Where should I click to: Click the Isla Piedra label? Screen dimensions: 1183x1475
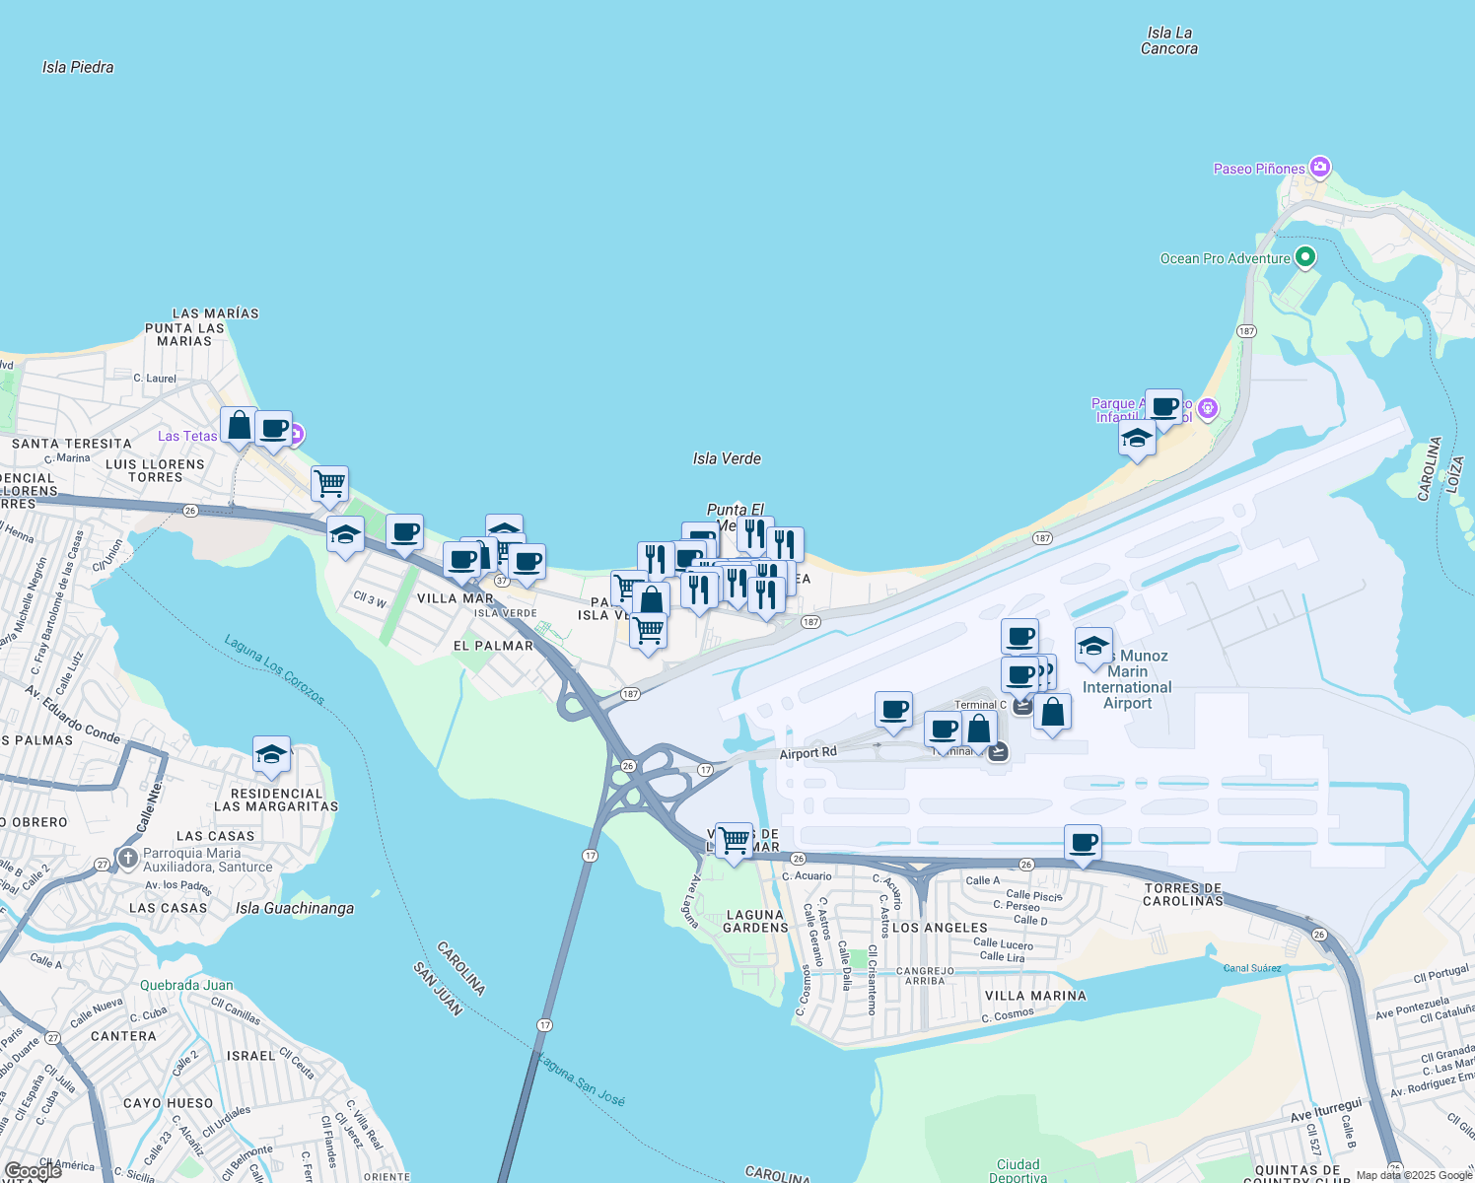(x=78, y=67)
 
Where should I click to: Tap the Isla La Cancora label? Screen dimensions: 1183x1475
(x=1169, y=40)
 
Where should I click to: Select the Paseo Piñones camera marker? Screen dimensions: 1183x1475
(x=1320, y=167)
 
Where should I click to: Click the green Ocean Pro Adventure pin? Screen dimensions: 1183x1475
(x=1305, y=257)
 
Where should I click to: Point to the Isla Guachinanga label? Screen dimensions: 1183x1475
(x=295, y=908)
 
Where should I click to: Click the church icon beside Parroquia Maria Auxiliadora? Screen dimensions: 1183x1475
(x=127, y=859)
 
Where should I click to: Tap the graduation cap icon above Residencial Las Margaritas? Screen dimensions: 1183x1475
(x=271, y=755)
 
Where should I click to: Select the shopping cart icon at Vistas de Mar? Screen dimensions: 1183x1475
(x=734, y=841)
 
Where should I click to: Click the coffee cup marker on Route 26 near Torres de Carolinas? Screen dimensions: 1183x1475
(x=1083, y=843)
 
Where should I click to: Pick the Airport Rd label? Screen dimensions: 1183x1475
(x=808, y=753)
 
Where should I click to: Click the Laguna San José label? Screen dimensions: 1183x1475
(x=581, y=1079)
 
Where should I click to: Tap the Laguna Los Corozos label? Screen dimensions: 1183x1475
(x=274, y=668)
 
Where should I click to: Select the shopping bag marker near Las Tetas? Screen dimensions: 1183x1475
(x=239, y=426)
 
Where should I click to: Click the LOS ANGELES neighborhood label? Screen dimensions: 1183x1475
(x=940, y=928)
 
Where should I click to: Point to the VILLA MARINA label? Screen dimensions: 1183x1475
(x=1035, y=996)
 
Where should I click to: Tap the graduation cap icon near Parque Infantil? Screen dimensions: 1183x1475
(x=1137, y=439)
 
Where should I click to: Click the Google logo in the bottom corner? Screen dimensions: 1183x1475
(x=33, y=1171)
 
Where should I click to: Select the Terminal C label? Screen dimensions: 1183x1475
(x=980, y=704)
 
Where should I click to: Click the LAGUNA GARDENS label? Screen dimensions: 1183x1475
(x=756, y=921)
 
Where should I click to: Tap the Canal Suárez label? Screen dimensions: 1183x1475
(x=1252, y=968)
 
